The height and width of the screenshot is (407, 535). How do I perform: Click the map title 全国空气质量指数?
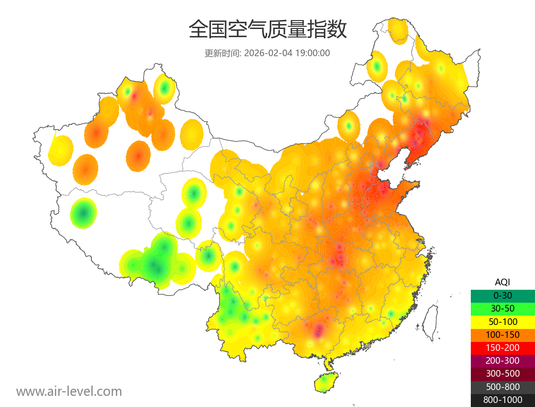[x=267, y=30]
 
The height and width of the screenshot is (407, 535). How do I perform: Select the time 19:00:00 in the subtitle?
[x=312, y=53]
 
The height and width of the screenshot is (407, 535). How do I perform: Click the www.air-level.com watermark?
[x=69, y=391]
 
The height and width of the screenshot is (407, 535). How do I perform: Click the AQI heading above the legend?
[x=502, y=282]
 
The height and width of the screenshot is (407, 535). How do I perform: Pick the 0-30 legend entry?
[x=502, y=295]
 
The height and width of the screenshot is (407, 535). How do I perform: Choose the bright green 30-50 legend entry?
[x=502, y=308]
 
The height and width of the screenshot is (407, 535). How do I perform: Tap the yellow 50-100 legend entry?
[x=502, y=321]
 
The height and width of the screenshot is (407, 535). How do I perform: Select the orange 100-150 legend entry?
[x=502, y=334]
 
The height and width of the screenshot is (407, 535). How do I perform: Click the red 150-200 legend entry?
[x=502, y=348]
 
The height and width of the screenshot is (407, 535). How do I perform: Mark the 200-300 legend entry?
[x=502, y=361]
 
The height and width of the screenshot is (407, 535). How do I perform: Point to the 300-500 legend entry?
[x=502, y=374]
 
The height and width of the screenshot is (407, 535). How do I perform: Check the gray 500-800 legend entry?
[x=502, y=387]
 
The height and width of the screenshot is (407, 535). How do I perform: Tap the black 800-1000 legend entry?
[x=502, y=400]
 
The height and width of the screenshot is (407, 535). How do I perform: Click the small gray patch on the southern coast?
[x=367, y=345]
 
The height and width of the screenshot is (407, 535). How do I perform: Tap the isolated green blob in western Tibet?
[x=83, y=213]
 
